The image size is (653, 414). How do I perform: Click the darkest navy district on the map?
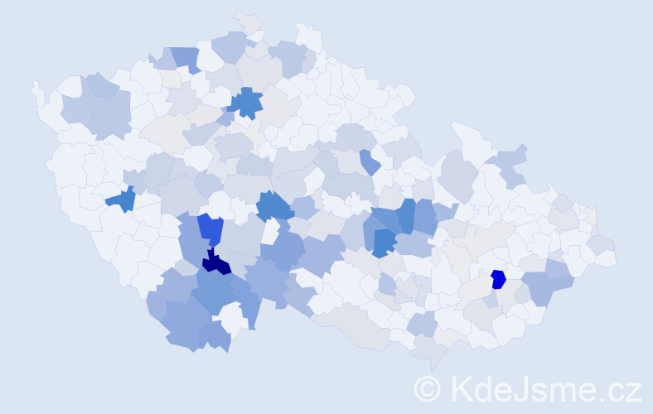pos(216,263)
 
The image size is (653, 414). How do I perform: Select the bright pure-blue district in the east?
pos(498,279)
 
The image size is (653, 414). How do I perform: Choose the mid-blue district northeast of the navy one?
pos(274,206)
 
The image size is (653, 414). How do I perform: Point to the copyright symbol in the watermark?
pos(428,388)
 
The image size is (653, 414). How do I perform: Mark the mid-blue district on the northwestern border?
pos(186,58)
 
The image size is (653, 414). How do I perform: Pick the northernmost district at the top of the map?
pos(246,20)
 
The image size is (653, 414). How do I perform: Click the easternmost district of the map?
pos(605,257)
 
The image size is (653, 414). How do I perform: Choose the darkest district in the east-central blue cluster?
pos(383,242)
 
